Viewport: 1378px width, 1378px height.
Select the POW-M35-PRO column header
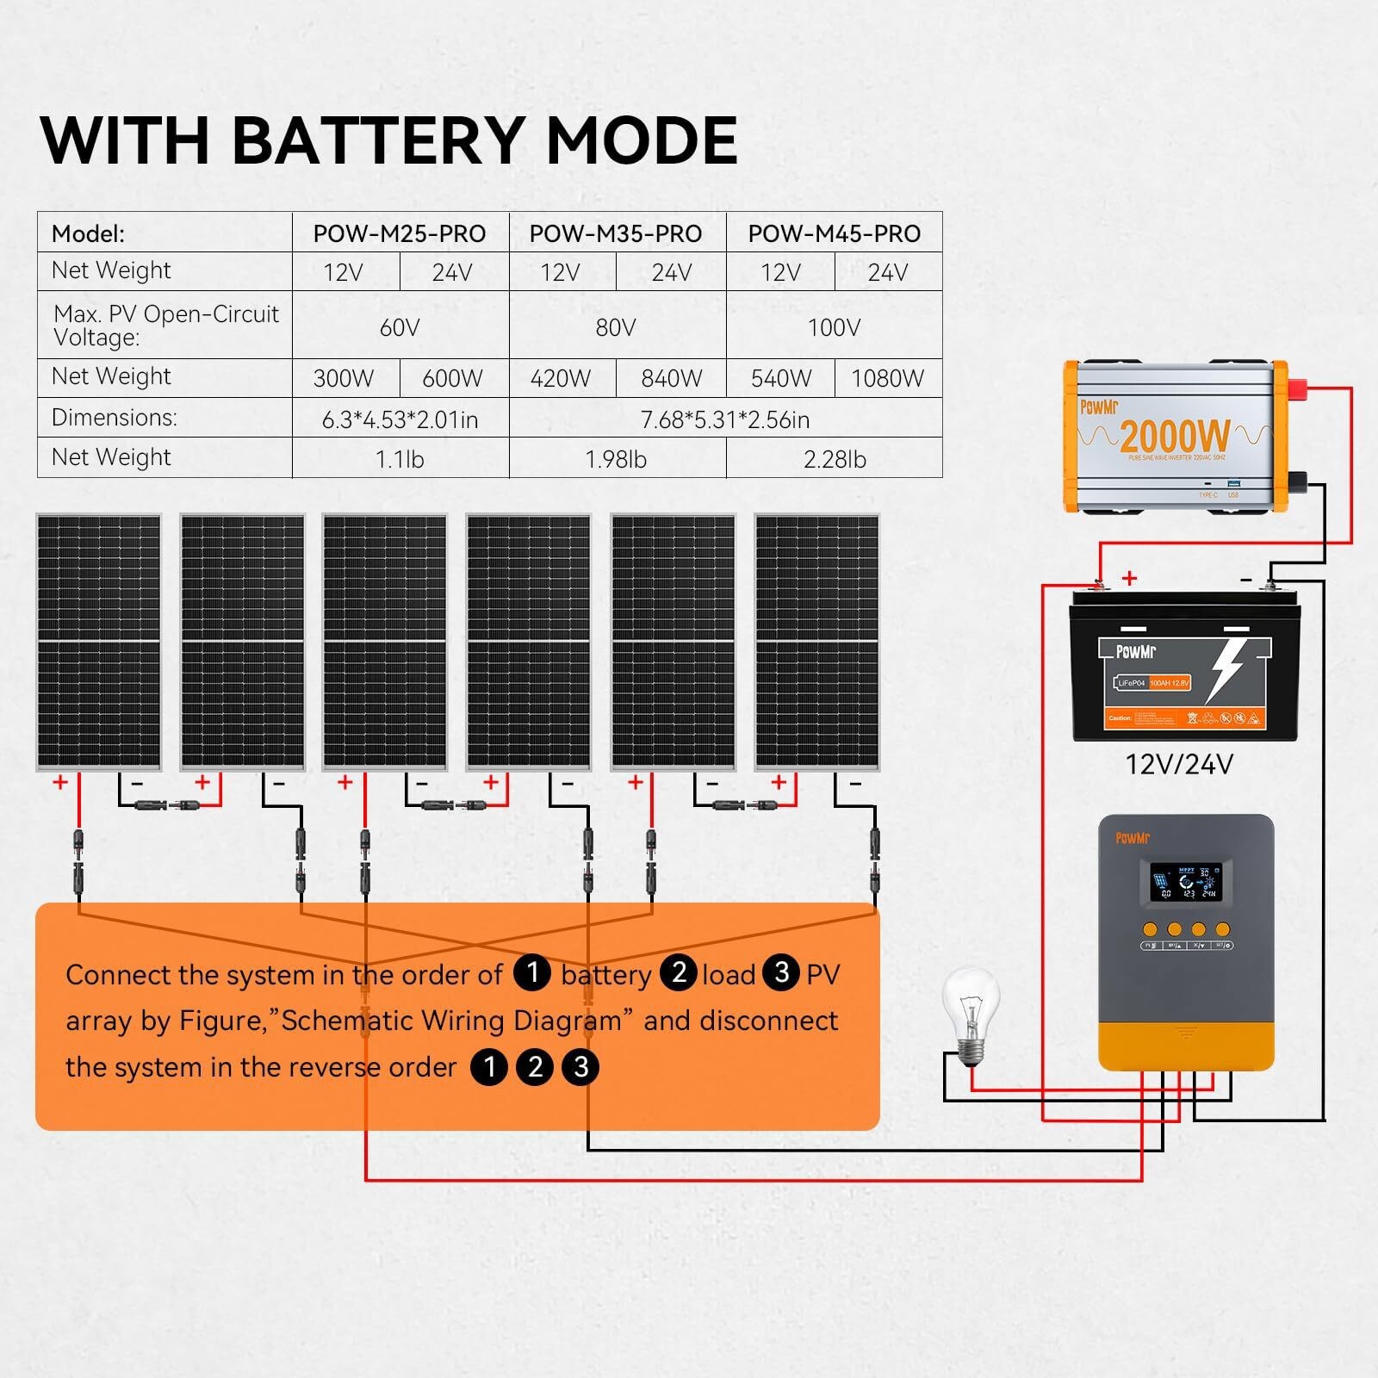(615, 233)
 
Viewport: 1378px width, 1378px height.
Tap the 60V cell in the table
(400, 327)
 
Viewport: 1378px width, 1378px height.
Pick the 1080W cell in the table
(887, 378)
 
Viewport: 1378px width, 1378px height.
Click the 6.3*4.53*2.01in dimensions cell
(400, 419)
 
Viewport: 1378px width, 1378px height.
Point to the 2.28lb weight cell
(834, 459)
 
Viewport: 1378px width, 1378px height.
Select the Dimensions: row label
(114, 418)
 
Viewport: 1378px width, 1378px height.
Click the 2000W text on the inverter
(1175, 437)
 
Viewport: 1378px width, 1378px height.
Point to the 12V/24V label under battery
(1179, 764)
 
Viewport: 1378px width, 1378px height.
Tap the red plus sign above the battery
(1129, 578)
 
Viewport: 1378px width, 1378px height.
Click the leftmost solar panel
(98, 642)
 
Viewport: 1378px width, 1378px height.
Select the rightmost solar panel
(816, 642)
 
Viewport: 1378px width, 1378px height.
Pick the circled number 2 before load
(679, 972)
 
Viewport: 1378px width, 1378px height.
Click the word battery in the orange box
(605, 975)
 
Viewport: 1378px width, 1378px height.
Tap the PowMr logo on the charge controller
(1133, 838)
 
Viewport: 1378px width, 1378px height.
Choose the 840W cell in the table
(671, 378)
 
